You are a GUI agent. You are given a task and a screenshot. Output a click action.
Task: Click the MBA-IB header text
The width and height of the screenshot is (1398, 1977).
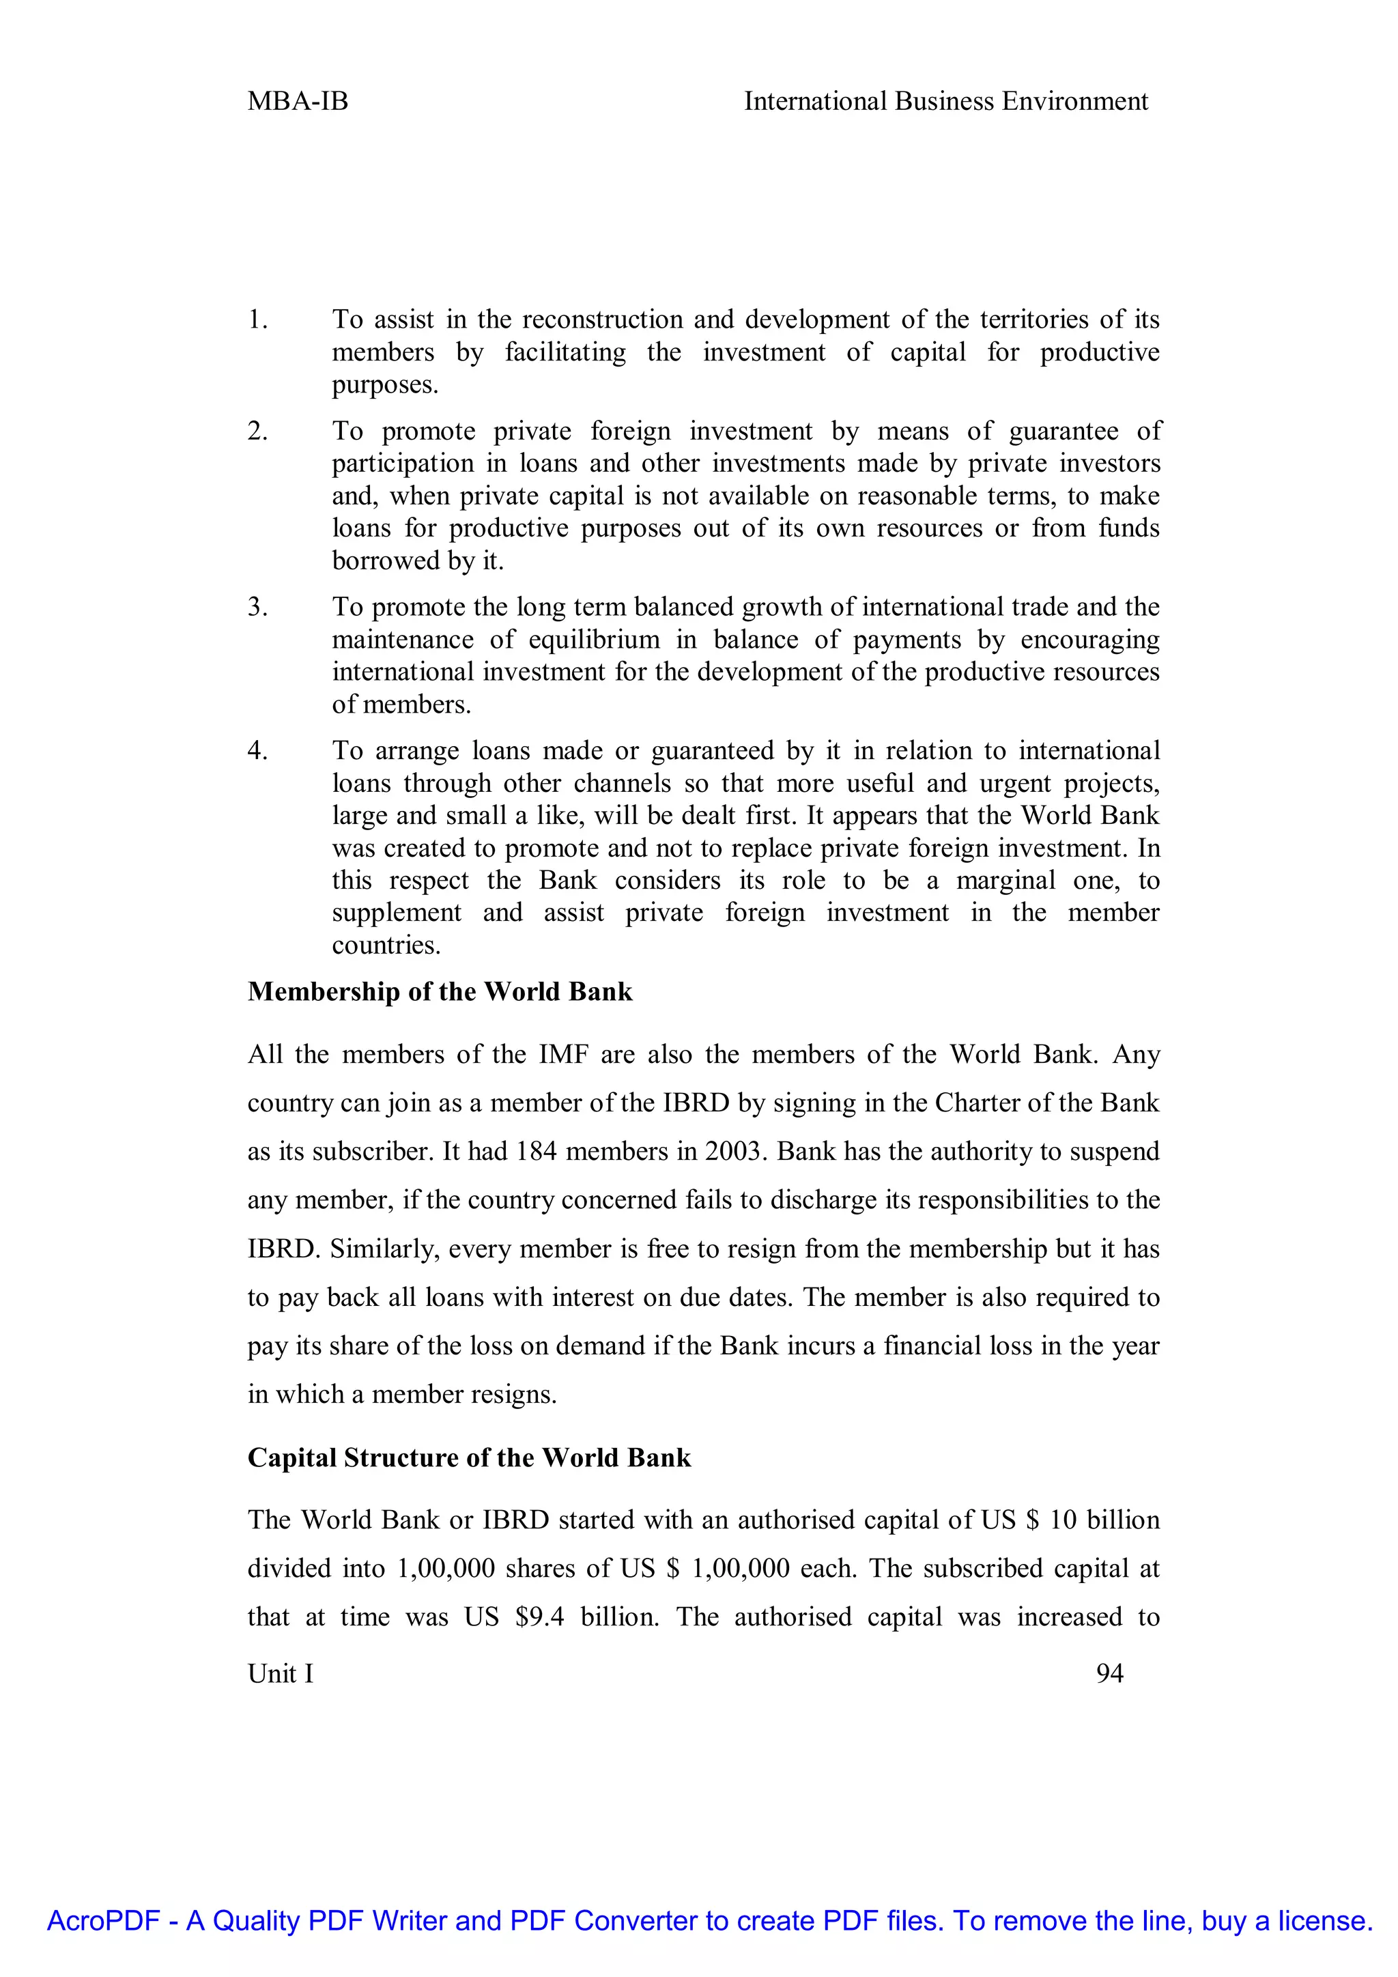coord(298,102)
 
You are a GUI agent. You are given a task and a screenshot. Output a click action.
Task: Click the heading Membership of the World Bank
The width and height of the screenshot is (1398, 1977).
coord(440,992)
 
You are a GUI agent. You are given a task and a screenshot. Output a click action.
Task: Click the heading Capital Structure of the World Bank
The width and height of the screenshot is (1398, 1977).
coord(469,1457)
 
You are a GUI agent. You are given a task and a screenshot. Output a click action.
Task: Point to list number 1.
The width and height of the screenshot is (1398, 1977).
coord(257,320)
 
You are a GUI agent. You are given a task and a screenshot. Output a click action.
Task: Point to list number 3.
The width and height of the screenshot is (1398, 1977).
coord(257,607)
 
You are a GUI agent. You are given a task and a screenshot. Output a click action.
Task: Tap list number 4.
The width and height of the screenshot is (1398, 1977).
coord(257,751)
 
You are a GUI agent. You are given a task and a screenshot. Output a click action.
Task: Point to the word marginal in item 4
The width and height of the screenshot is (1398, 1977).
coord(1005,881)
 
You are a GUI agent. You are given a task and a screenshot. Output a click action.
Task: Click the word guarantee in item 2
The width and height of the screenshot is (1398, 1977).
coord(1062,431)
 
